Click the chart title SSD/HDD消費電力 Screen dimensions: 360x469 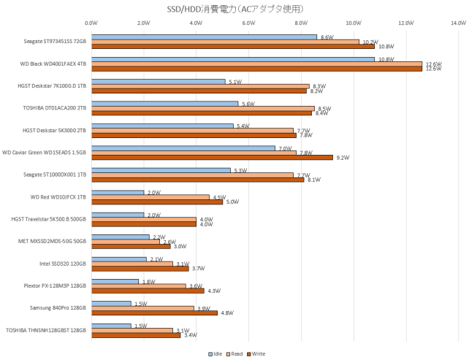(x=234, y=8)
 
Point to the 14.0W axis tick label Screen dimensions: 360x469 (x=458, y=23)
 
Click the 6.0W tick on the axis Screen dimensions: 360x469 (x=248, y=23)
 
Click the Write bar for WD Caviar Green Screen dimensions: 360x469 (x=212, y=157)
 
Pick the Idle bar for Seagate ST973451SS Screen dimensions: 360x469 (x=204, y=37)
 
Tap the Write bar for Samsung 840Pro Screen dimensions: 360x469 (x=154, y=313)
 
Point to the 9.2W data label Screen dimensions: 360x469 (x=342, y=158)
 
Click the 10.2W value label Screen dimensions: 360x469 (x=370, y=42)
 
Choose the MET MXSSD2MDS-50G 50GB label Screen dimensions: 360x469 (x=52, y=240)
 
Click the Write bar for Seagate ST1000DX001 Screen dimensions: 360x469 (x=197, y=179)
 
